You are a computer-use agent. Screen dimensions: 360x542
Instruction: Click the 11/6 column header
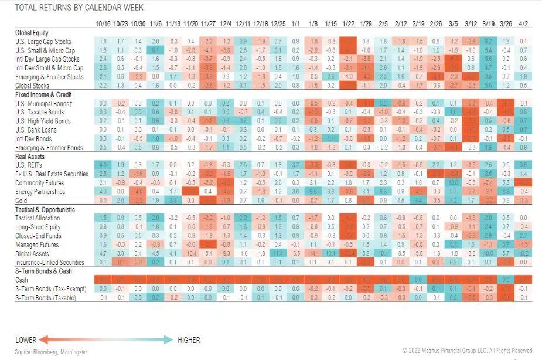click(155, 24)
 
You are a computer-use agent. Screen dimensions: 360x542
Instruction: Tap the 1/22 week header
click(348, 24)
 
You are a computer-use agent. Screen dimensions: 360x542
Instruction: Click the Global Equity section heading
click(32, 33)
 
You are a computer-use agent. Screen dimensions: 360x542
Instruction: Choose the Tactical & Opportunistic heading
click(46, 209)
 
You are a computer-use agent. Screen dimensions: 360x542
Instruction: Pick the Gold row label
click(22, 200)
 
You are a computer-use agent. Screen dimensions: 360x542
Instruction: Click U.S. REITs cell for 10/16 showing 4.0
click(103, 165)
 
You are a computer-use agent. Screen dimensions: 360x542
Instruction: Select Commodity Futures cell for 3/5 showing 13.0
click(453, 182)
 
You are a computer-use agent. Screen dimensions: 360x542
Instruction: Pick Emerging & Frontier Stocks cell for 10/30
click(138, 77)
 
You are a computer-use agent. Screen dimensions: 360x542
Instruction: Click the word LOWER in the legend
click(25, 340)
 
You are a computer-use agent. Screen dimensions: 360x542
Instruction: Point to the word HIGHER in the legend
click(188, 340)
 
